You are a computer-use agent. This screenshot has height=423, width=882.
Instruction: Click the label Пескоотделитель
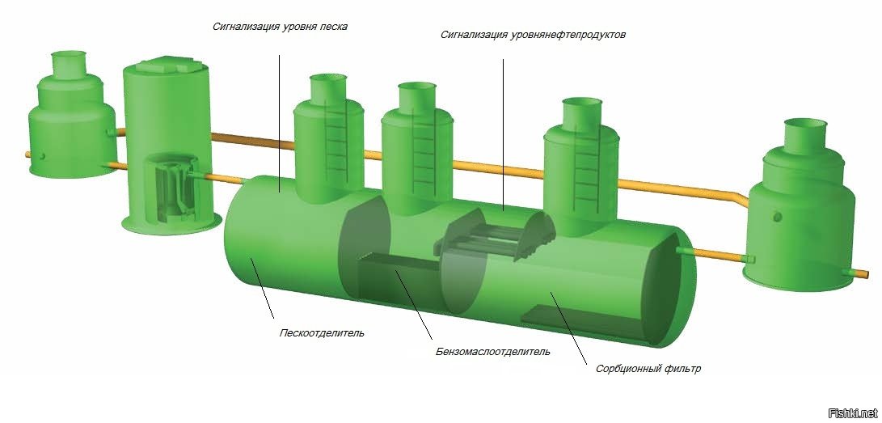click(x=322, y=332)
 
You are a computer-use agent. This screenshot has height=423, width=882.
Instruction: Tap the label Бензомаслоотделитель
click(x=492, y=352)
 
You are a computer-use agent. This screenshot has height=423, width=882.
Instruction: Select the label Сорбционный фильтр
click(x=648, y=369)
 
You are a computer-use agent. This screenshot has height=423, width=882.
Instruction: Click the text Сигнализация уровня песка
click(x=280, y=26)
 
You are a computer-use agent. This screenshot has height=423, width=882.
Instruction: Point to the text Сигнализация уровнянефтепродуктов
click(x=533, y=35)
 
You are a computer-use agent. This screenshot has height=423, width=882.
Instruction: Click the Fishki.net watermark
click(x=853, y=412)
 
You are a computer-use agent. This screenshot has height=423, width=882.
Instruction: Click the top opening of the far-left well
click(x=70, y=56)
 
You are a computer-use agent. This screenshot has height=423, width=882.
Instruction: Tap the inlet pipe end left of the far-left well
click(x=28, y=154)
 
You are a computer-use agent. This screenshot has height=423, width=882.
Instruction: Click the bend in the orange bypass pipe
click(x=738, y=196)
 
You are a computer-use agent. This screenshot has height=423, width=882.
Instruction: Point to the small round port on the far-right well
click(x=777, y=217)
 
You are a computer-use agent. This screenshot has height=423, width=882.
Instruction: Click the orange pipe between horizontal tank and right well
click(x=720, y=256)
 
